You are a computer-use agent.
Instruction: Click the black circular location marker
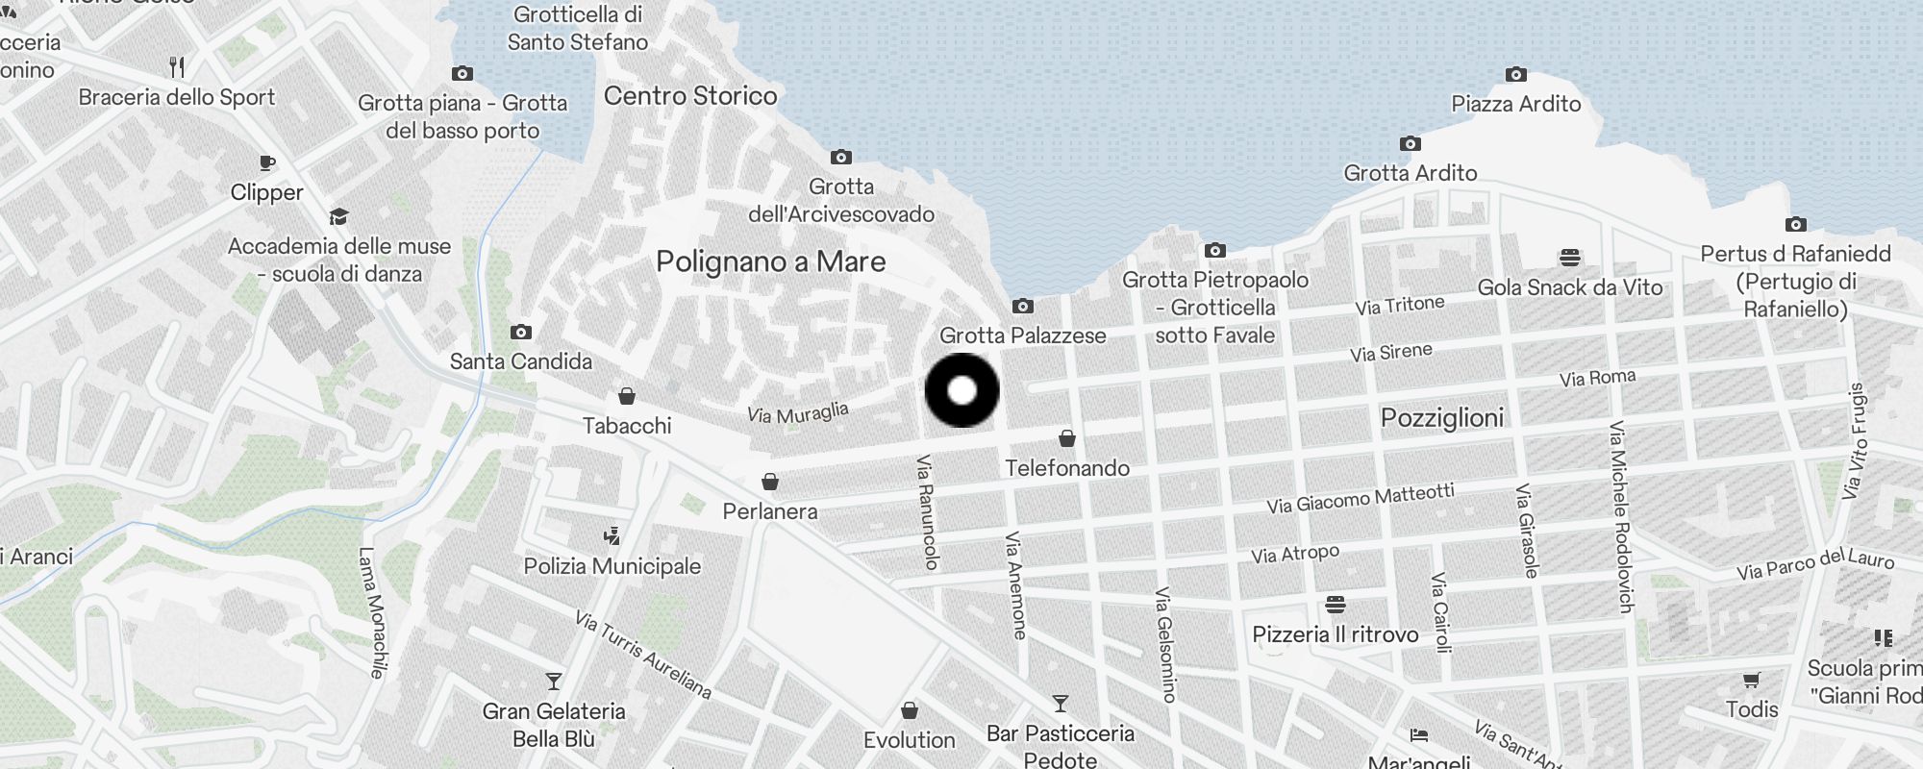[x=961, y=390]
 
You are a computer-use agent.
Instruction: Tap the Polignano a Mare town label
[x=770, y=261]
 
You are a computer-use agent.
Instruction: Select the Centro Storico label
[x=690, y=95]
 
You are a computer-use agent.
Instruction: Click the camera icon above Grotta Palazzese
[x=1022, y=306]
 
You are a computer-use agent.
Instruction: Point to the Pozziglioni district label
[x=1441, y=417]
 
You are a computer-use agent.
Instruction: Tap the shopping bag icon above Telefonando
[x=1066, y=438]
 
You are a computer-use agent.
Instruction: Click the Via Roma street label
[x=1597, y=378]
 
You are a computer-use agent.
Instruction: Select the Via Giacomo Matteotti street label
[x=1360, y=498]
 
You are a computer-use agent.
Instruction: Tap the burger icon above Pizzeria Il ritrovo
[x=1335, y=605]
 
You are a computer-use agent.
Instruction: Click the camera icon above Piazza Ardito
[x=1515, y=74]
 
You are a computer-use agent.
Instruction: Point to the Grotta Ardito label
[x=1410, y=173]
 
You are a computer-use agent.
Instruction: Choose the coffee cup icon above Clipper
[x=267, y=162]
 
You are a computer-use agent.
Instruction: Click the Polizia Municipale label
[x=612, y=566]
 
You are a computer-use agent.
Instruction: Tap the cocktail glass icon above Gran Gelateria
[x=554, y=682]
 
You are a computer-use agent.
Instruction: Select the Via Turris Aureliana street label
[x=643, y=655]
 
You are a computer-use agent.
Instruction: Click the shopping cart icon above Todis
[x=1751, y=681]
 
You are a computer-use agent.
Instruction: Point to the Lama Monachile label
[x=372, y=612]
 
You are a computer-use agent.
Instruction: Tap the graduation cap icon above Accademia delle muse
[x=338, y=216]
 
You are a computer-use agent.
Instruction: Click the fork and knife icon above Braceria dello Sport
[x=177, y=67]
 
